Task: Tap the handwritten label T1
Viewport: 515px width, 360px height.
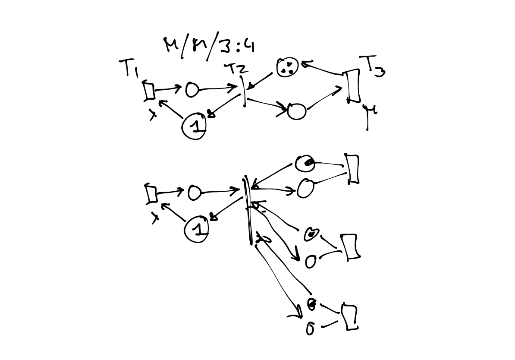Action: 129,69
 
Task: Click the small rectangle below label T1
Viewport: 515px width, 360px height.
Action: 149,91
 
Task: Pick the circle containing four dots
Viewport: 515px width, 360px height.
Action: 287,68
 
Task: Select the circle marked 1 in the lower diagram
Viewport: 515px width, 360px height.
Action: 197,228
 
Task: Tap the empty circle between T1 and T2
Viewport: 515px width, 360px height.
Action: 192,90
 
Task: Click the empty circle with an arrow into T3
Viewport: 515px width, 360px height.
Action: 296,111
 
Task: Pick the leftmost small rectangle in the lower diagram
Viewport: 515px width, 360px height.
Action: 151,193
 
